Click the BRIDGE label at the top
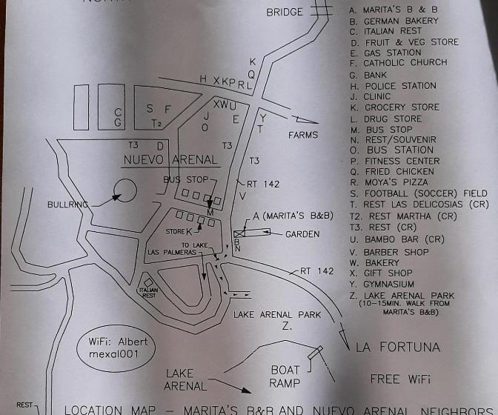point(285,12)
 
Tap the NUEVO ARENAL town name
point(170,159)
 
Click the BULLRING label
point(67,205)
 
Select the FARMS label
point(302,135)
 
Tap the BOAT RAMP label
point(285,376)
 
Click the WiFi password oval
point(116,348)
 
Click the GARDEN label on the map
point(302,234)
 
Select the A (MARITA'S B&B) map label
point(293,216)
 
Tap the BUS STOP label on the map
point(186,179)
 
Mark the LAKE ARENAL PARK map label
point(277,315)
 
